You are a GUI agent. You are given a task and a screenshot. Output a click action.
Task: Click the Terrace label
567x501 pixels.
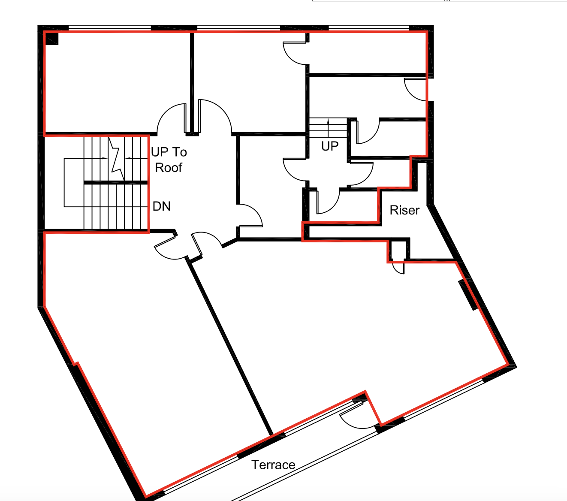pyautogui.click(x=273, y=465)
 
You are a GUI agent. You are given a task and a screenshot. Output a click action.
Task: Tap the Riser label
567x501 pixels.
pyautogui.click(x=404, y=210)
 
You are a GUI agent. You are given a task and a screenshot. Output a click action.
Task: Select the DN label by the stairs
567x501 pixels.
pyautogui.click(x=162, y=206)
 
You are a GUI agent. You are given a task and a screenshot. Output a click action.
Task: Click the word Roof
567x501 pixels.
pyautogui.click(x=169, y=167)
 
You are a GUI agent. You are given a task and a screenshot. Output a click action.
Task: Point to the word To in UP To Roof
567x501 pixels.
pyautogui.click(x=179, y=152)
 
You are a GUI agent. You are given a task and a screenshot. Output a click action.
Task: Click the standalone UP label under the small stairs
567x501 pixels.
pyautogui.click(x=330, y=146)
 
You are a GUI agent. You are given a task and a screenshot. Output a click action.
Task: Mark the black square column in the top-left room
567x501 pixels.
pyautogui.click(x=52, y=39)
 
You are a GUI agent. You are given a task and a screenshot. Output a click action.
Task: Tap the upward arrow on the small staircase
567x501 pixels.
pyautogui.click(x=328, y=125)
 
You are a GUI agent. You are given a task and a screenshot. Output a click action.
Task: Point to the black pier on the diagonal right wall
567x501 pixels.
pyautogui.click(x=467, y=295)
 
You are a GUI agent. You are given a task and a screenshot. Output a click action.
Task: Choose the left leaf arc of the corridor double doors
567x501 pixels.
pyautogui.click(x=171, y=118)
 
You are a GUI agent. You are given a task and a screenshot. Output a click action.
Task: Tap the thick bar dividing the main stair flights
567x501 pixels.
pyautogui.click(x=115, y=182)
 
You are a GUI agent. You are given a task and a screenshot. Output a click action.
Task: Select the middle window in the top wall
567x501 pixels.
pyautogui.click(x=239, y=28)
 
